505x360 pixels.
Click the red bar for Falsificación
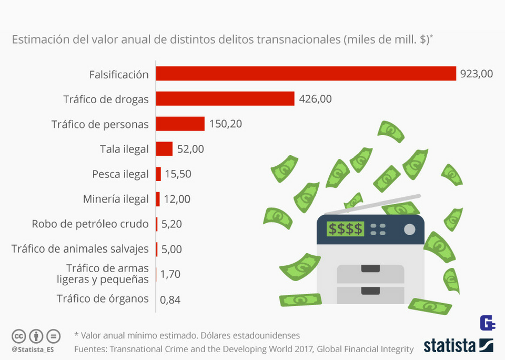click(x=306, y=74)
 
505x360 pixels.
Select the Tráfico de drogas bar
click(x=225, y=98)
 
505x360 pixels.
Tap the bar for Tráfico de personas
click(x=180, y=124)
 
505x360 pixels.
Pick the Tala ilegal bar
click(x=164, y=149)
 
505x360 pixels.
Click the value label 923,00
click(x=476, y=74)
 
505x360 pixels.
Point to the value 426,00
click(x=315, y=98)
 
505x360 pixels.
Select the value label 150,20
click(x=226, y=124)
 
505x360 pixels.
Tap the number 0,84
click(x=170, y=300)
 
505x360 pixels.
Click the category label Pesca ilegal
click(x=120, y=174)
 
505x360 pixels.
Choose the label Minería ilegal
click(x=116, y=199)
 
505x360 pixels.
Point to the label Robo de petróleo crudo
click(x=90, y=224)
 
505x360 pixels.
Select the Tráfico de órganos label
click(x=103, y=298)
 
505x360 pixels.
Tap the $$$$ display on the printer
click(x=345, y=229)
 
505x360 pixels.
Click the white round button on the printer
click(x=409, y=229)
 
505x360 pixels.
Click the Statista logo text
click(x=450, y=346)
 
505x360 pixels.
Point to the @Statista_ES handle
click(x=34, y=349)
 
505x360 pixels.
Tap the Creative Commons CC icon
click(x=19, y=336)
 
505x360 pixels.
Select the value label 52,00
click(x=190, y=149)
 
